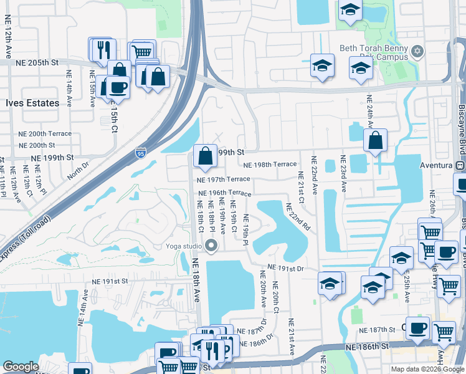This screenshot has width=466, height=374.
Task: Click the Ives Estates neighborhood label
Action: coord(32,103)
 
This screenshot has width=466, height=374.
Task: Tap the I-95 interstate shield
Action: coord(140,152)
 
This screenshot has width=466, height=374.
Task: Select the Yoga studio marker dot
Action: coord(211,246)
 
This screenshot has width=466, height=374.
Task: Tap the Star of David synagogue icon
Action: coord(417,50)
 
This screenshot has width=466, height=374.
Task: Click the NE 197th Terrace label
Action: coord(223,180)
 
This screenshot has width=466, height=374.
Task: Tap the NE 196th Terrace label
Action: coord(224,193)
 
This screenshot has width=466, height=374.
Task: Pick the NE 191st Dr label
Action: coord(285,268)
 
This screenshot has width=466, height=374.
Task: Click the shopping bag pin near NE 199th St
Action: coord(205,156)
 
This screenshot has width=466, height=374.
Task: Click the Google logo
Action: coord(21,366)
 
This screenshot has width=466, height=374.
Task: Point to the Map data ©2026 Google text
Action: coord(427,369)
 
